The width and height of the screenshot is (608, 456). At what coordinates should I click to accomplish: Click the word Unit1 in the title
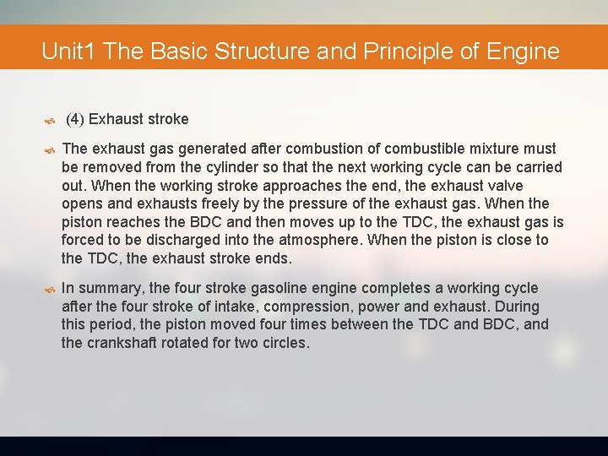[x=70, y=52]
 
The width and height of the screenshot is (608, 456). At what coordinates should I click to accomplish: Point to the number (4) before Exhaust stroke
[x=74, y=119]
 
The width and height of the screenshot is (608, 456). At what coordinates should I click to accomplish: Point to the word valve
[x=505, y=186]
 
